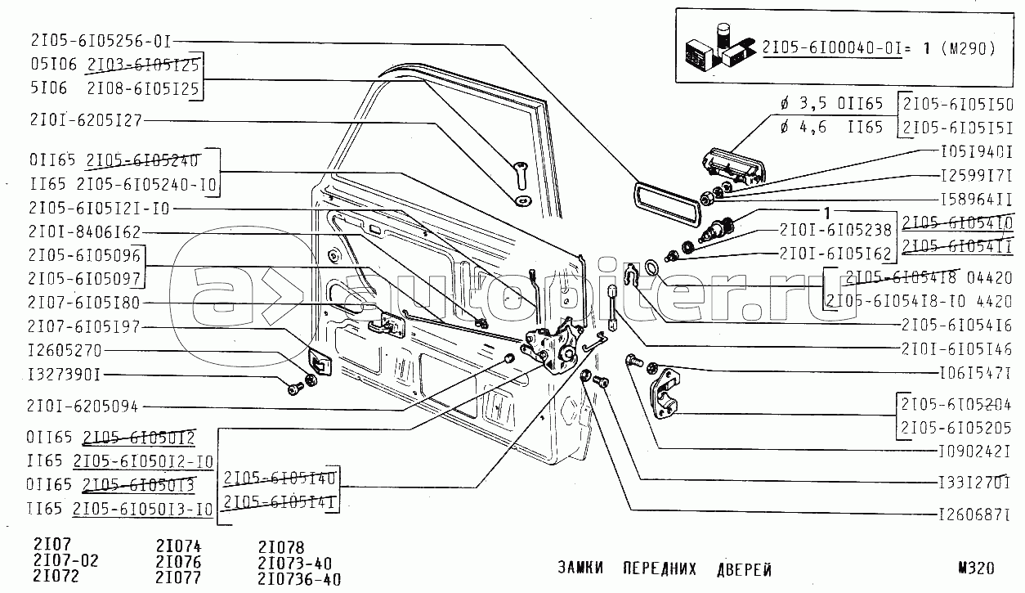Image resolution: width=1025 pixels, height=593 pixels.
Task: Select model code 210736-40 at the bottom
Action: pos(298,580)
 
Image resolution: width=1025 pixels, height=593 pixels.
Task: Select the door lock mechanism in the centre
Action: pos(552,344)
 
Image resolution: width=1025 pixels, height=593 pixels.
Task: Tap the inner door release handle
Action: pos(384,325)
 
